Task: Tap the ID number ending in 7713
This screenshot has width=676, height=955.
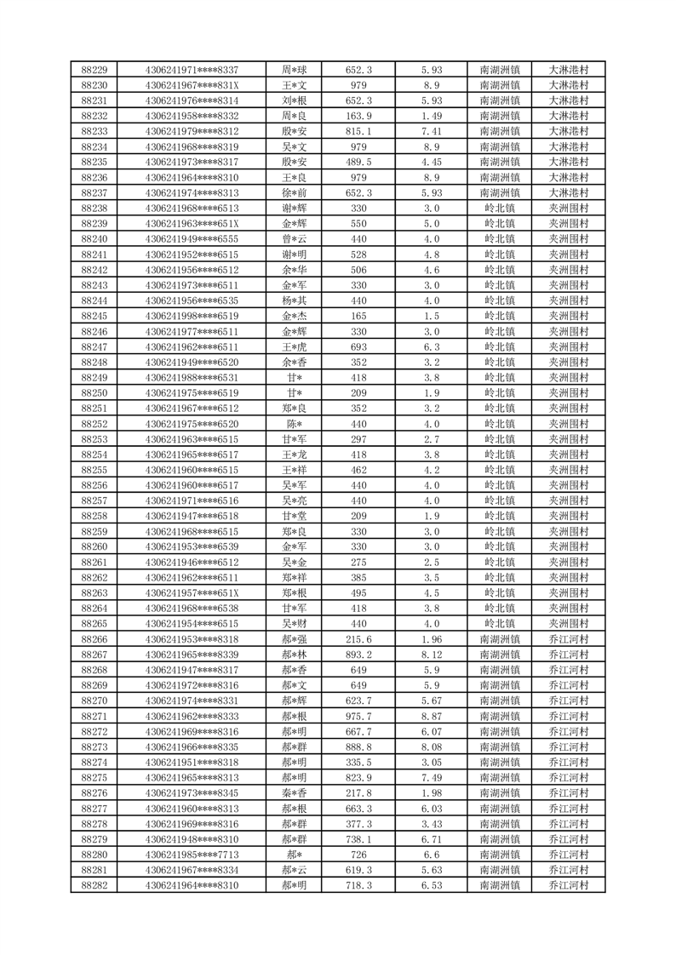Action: (x=192, y=855)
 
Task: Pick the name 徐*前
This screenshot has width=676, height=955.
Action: (x=295, y=193)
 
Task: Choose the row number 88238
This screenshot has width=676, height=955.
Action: (x=94, y=209)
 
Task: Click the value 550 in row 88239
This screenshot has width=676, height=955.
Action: (x=358, y=224)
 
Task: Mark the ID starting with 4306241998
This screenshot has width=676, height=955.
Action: (x=192, y=316)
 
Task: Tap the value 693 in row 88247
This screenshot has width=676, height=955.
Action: (x=358, y=346)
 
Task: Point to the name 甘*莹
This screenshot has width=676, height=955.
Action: (x=295, y=516)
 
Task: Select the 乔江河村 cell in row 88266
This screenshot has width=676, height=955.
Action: (x=569, y=639)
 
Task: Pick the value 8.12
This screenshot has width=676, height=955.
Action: (x=431, y=655)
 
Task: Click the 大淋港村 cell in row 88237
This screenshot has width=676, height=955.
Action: (x=569, y=193)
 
